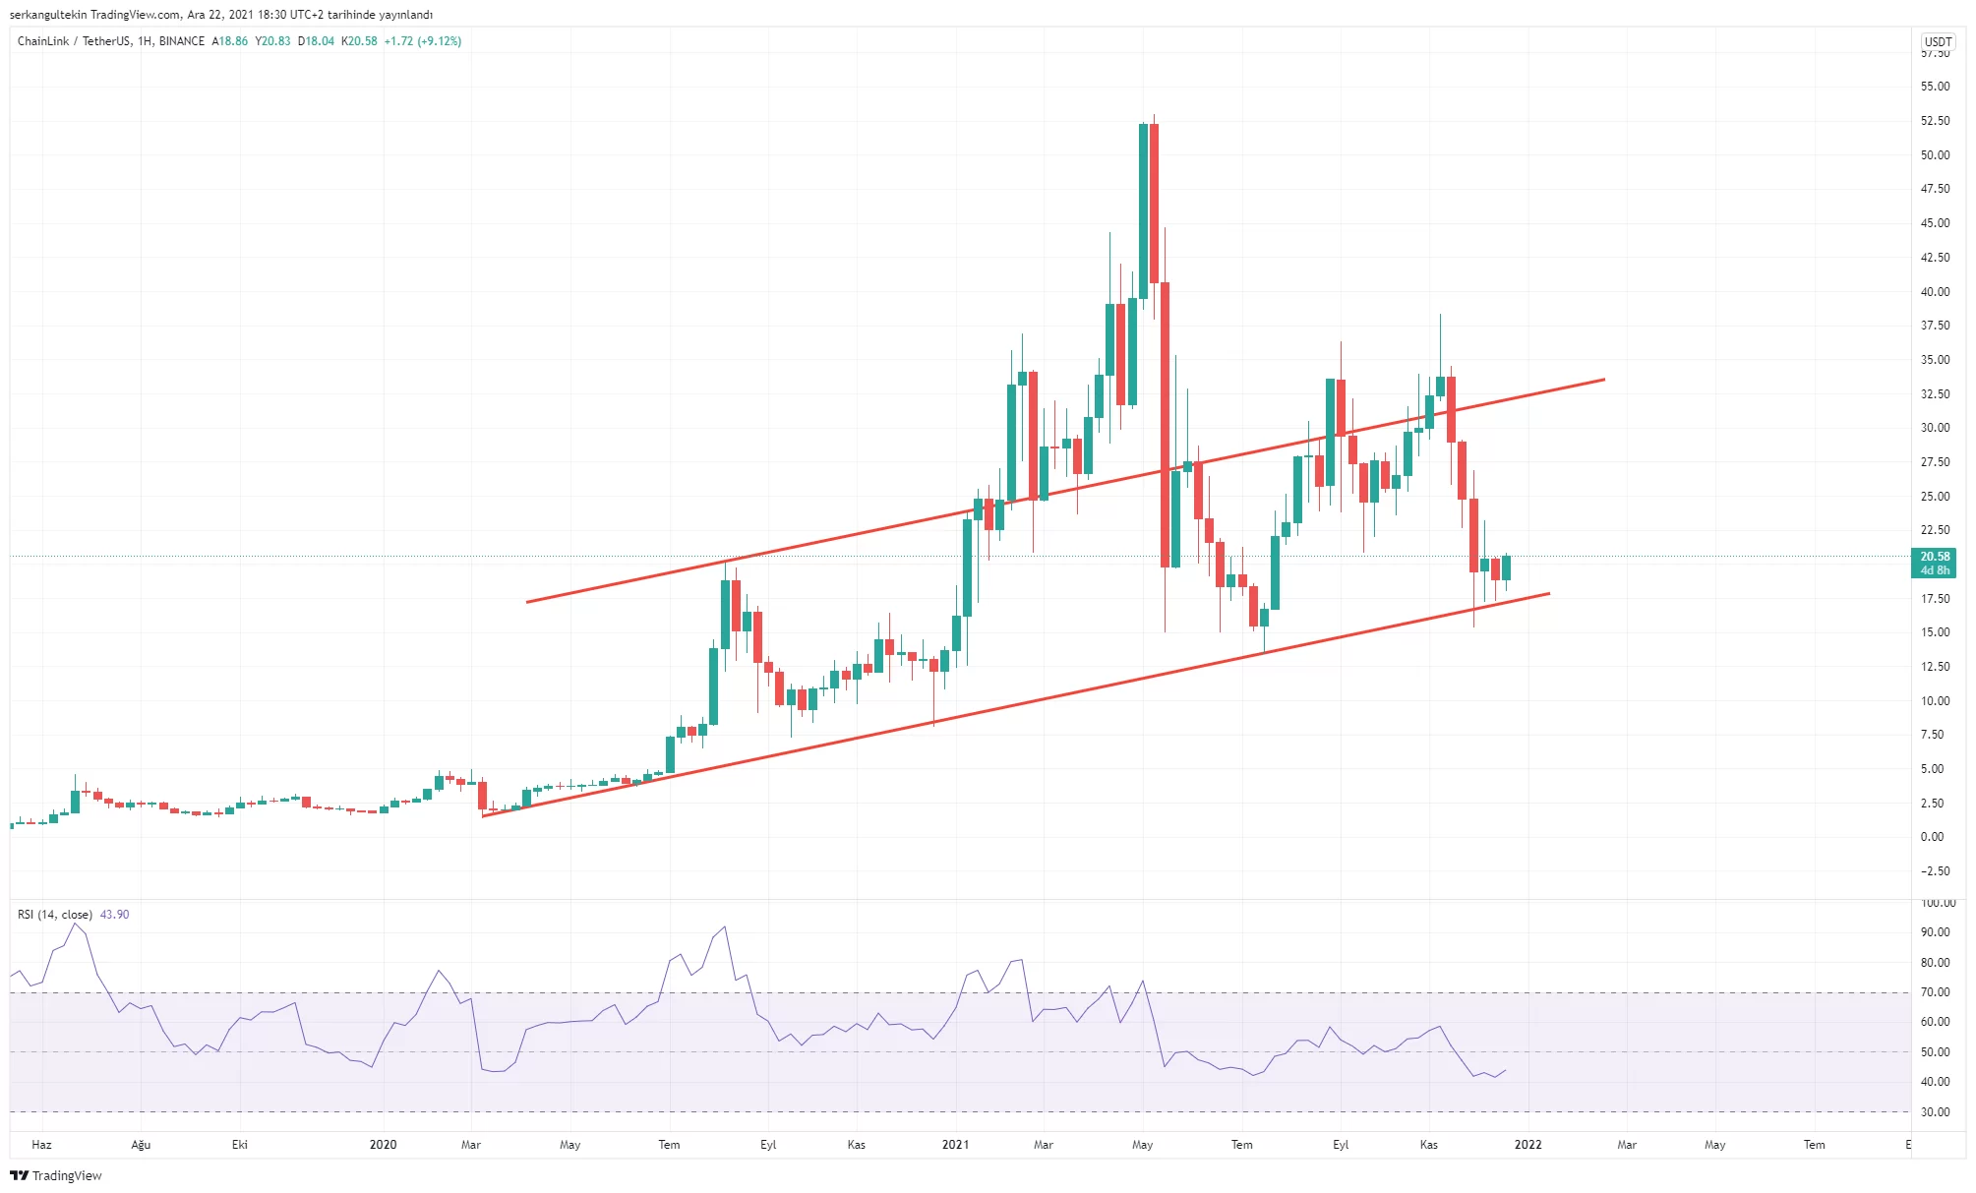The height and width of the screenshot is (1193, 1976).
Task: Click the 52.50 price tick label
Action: pyautogui.click(x=1935, y=121)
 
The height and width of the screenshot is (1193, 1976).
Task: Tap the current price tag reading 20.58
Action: pyautogui.click(x=1934, y=557)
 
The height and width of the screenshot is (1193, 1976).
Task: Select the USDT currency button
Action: pyautogui.click(x=1938, y=41)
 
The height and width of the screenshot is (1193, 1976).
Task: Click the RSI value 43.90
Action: pyautogui.click(x=114, y=915)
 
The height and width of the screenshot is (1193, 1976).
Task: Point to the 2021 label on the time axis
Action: pyautogui.click(x=955, y=1145)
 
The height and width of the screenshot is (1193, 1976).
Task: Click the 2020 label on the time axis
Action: pyautogui.click(x=383, y=1145)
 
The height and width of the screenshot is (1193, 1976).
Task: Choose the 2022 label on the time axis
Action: pyautogui.click(x=1527, y=1145)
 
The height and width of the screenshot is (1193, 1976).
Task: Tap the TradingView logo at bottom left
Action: pyautogui.click(x=56, y=1175)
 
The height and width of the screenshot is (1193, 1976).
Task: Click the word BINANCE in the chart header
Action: pyautogui.click(x=182, y=41)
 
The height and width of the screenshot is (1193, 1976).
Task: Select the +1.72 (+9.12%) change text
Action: pyautogui.click(x=423, y=41)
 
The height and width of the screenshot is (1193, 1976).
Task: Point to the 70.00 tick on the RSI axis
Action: pyautogui.click(x=1935, y=992)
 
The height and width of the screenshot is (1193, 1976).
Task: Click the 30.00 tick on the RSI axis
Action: pyautogui.click(x=1935, y=1112)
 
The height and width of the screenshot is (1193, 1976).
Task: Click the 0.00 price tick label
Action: pyautogui.click(x=1932, y=837)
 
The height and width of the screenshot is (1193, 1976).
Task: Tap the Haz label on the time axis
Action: pyautogui.click(x=41, y=1145)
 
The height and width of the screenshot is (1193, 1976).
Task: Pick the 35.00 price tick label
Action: pyautogui.click(x=1935, y=360)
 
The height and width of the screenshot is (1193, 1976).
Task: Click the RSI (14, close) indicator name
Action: pyautogui.click(x=55, y=915)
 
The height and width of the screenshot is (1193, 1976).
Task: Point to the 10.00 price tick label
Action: pyautogui.click(x=1935, y=701)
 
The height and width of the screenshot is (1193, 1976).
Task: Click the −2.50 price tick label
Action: pyautogui.click(x=1935, y=871)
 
